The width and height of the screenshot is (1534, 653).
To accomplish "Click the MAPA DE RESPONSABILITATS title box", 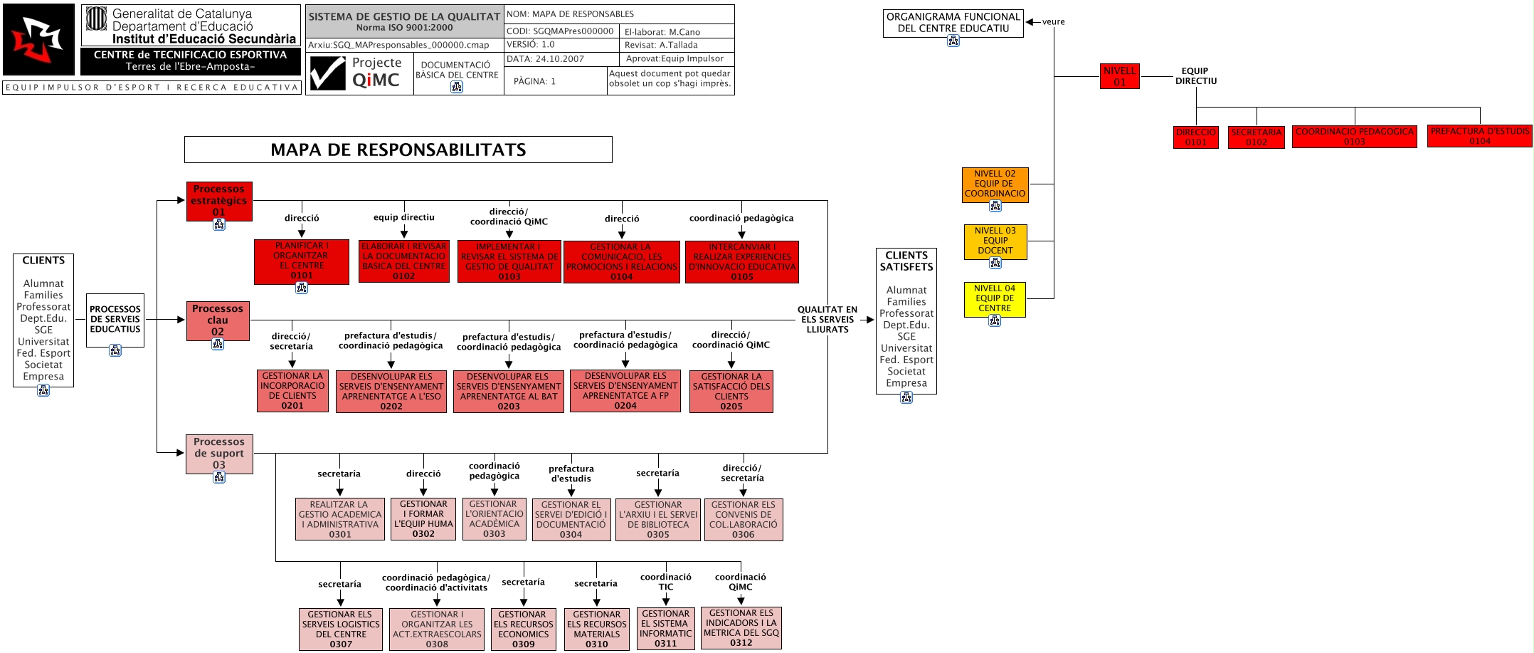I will click(398, 150).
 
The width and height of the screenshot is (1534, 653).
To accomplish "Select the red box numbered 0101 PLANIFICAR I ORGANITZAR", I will click(301, 261).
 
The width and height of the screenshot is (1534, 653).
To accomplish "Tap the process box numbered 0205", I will click(731, 391).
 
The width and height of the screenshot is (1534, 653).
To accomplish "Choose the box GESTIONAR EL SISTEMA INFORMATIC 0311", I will click(665, 628).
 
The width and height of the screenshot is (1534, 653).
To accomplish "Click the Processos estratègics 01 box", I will click(219, 201).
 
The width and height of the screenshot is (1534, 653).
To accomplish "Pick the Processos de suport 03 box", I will click(219, 454).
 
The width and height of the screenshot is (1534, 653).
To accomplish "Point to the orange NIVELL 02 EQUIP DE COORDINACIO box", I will click(995, 184).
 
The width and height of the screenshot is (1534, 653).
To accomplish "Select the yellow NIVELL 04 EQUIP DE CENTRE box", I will click(995, 298).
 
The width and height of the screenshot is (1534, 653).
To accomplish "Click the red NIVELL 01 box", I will click(1119, 76).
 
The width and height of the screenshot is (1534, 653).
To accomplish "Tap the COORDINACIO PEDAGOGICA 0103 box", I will click(1354, 137).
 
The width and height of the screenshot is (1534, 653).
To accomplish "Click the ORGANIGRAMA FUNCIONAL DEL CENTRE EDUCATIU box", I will click(953, 22).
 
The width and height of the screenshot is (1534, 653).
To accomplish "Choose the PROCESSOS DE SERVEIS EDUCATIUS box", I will click(115, 320).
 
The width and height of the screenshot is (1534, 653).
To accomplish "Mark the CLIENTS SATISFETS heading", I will click(906, 261).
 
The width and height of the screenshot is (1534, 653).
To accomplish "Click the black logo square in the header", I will click(38, 39).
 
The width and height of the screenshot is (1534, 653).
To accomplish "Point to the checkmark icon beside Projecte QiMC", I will click(327, 73).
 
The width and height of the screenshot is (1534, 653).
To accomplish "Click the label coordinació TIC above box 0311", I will click(665, 582).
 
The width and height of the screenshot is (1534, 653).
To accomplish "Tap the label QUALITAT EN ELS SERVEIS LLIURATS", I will click(827, 320).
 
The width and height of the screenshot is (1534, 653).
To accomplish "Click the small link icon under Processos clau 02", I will click(218, 345).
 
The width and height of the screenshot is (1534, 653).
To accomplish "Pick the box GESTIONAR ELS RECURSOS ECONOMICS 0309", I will click(523, 629).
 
